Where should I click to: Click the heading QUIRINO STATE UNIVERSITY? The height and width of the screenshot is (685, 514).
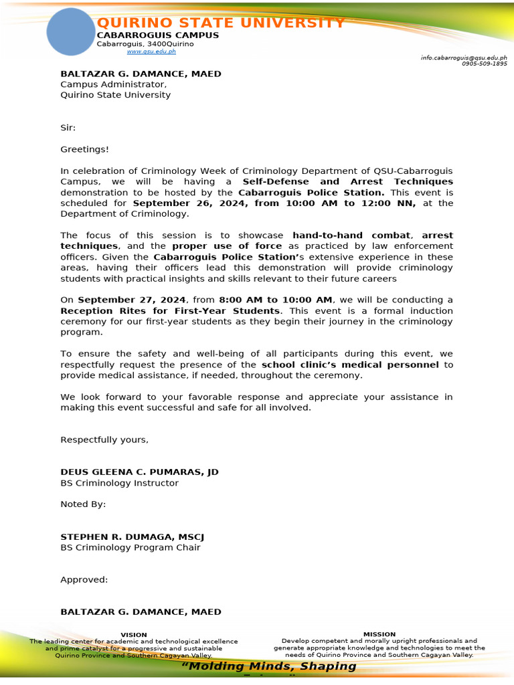(x=221, y=23)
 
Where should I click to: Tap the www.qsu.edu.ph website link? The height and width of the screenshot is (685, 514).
(x=151, y=52)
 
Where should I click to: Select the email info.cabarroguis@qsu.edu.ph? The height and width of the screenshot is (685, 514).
(x=463, y=58)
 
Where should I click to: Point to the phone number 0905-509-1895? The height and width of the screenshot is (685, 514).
(x=484, y=64)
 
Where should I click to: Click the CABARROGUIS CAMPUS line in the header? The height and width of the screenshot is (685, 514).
(x=157, y=35)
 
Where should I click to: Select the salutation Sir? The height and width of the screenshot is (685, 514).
(x=68, y=127)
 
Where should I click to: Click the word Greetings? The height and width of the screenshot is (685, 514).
(x=84, y=149)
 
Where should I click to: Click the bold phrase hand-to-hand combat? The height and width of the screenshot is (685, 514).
(x=351, y=235)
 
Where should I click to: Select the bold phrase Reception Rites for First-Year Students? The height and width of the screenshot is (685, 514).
(x=170, y=310)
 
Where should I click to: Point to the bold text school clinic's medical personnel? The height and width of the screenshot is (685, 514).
(x=350, y=365)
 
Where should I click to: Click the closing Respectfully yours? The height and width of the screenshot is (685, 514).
(x=104, y=439)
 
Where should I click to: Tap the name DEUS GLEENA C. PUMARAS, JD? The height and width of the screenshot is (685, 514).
(x=139, y=472)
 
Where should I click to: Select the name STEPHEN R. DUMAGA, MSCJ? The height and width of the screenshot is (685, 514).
(x=132, y=536)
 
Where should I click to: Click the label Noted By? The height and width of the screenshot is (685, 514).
(x=83, y=504)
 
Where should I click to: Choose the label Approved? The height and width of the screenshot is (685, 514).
(x=84, y=579)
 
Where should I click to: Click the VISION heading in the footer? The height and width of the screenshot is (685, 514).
(x=133, y=634)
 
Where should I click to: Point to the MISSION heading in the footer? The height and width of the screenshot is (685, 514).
(x=379, y=634)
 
